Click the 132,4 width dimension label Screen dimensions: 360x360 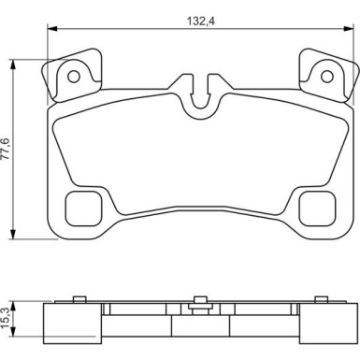pyautogui.click(x=200, y=22)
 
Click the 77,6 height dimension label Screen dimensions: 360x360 pyautogui.click(x=7, y=149)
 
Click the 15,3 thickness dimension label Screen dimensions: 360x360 pyautogui.click(x=7, y=318)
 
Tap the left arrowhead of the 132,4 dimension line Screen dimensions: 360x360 pyautogui.click(x=52, y=29)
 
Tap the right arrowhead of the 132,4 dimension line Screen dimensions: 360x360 pyautogui.click(x=349, y=29)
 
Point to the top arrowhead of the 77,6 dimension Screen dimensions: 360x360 pyautogui.click(x=12, y=65)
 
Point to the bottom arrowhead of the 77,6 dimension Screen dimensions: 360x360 pyautogui.click(x=12, y=234)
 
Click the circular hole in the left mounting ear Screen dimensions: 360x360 pyautogui.click(x=74, y=77)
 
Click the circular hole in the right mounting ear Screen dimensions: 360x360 pyautogui.click(x=327, y=77)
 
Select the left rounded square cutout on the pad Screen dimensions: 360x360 pyautogui.click(x=83, y=209)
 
